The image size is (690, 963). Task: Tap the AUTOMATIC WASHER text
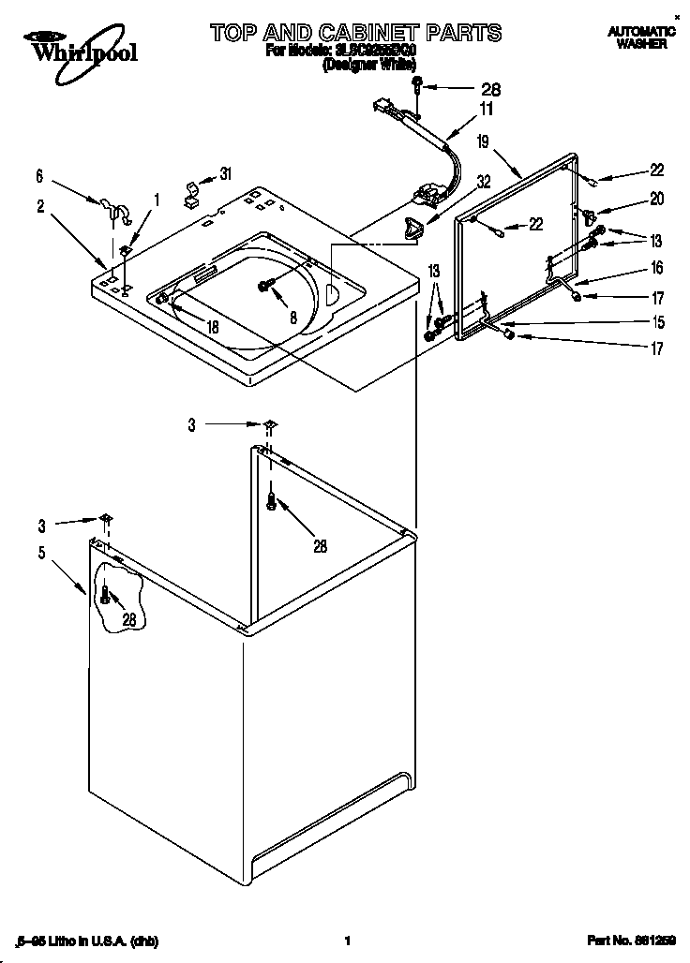tap(641, 37)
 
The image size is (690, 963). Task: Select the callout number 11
tap(487, 110)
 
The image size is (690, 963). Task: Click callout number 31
tap(225, 173)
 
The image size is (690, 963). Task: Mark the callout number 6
tap(40, 174)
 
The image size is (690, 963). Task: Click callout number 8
tap(292, 317)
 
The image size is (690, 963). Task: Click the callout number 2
tap(40, 207)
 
